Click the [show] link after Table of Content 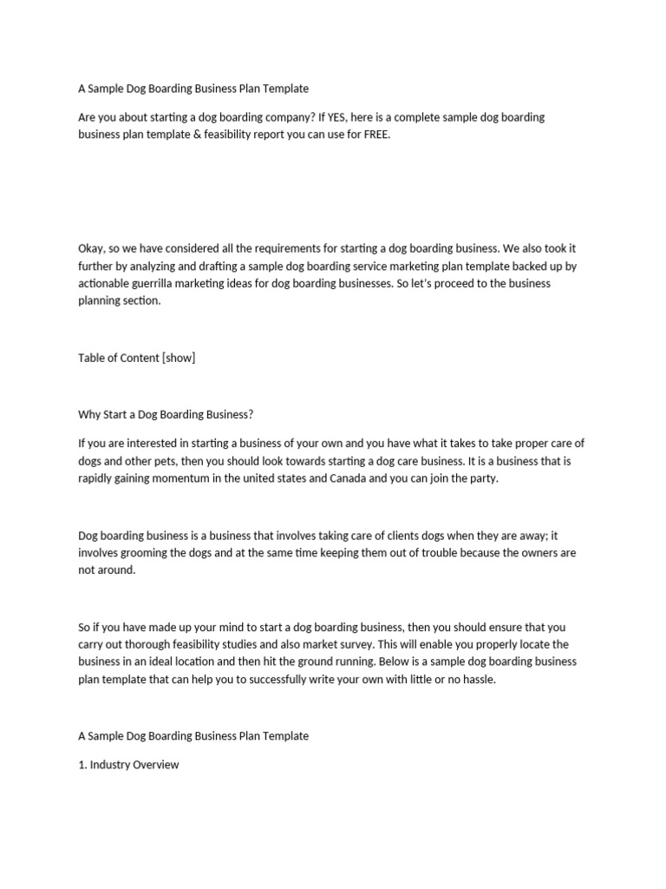click(x=178, y=358)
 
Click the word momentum click(x=174, y=478)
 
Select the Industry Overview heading click(x=134, y=765)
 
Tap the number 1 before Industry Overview click(x=82, y=765)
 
